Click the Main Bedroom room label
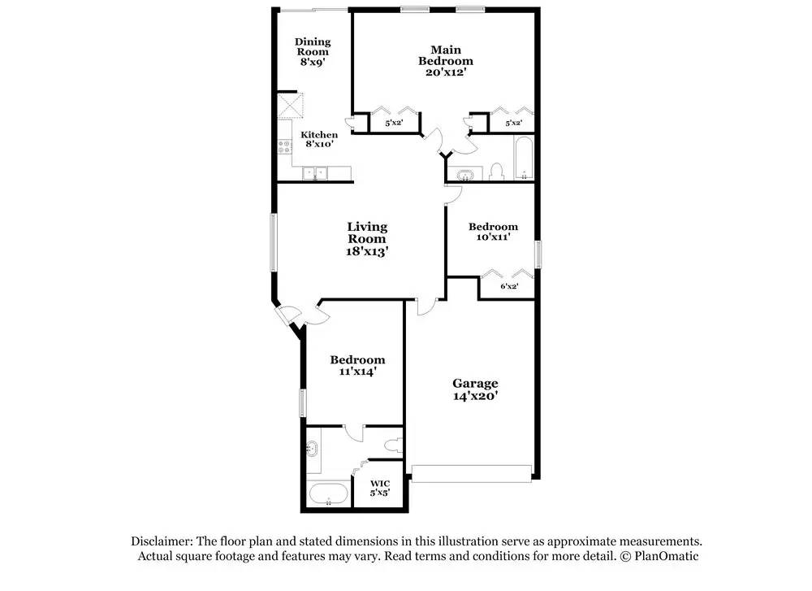(x=445, y=55)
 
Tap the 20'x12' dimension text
(x=445, y=72)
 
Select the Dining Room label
(x=312, y=46)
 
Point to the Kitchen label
(x=319, y=135)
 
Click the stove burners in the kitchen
(x=285, y=147)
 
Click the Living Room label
(x=367, y=232)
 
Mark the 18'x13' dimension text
(x=367, y=251)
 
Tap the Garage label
(x=475, y=383)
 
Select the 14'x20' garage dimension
(x=475, y=397)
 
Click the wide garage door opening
(x=472, y=471)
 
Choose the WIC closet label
(x=380, y=484)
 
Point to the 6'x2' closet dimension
(x=509, y=286)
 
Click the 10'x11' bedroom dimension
(x=493, y=237)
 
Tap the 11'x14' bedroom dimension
(x=356, y=372)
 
